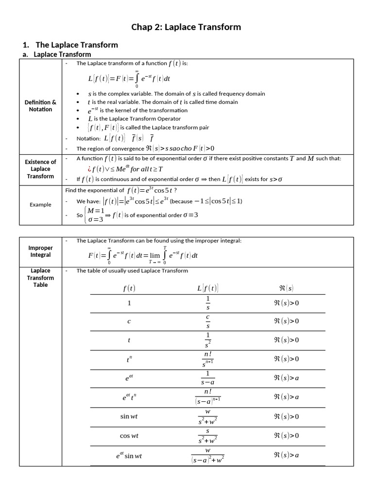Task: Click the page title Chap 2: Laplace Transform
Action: (186, 27)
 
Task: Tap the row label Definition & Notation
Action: (40, 106)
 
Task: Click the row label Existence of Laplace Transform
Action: (40, 169)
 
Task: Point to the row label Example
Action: (40, 204)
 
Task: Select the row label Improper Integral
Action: (40, 251)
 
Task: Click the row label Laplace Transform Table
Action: (40, 278)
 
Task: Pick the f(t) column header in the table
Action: (129, 288)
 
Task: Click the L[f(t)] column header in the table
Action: (208, 288)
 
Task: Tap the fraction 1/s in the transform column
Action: (208, 303)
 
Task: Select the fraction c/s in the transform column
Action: (208, 321)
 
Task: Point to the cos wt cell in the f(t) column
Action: (129, 435)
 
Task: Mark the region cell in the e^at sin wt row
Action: (287, 455)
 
